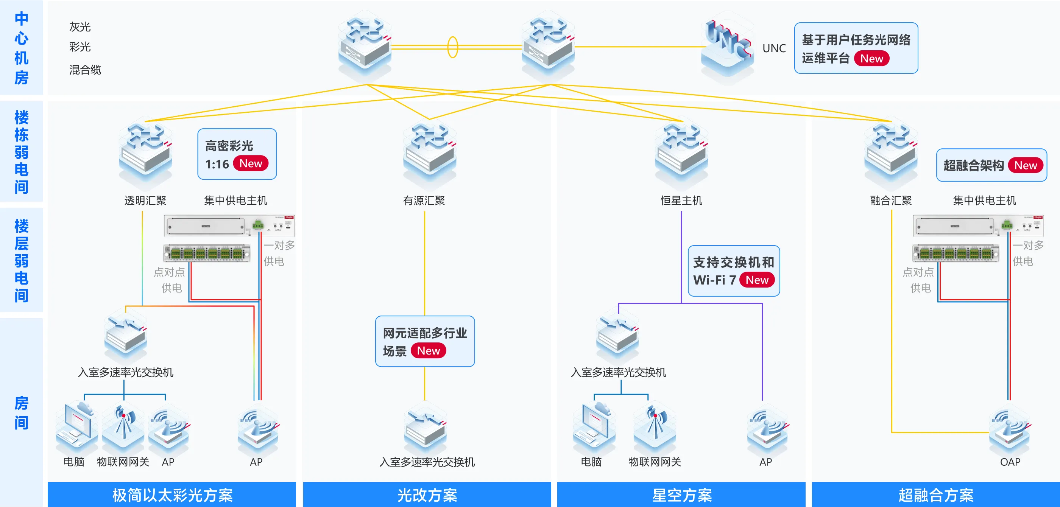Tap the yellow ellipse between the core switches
(x=453, y=47)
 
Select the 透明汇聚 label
(x=145, y=201)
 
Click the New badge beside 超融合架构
(x=1026, y=165)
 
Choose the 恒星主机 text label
(x=681, y=201)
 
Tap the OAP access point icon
(x=1010, y=430)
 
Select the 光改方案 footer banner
(x=427, y=495)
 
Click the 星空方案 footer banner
(x=681, y=495)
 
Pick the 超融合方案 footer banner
(x=936, y=495)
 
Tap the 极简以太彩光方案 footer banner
(x=172, y=495)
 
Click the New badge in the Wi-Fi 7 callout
(x=757, y=280)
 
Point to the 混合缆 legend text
(x=85, y=70)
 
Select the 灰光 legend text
(x=80, y=27)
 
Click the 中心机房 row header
(x=22, y=48)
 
